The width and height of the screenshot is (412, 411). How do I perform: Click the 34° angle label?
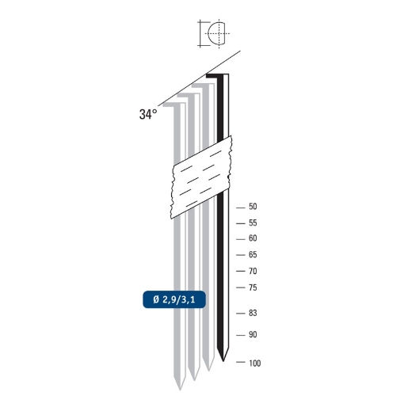tap(148, 114)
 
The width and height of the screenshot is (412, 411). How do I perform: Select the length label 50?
tap(253, 207)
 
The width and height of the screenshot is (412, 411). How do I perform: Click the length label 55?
tap(253, 223)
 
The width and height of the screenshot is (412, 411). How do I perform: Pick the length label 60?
tap(253, 238)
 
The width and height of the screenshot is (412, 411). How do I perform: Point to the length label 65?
tap(253, 255)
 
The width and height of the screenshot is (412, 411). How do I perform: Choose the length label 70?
tap(253, 271)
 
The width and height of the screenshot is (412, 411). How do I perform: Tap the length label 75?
tap(253, 287)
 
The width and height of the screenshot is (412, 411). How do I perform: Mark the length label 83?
tap(253, 313)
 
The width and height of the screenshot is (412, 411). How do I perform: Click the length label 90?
tap(253, 334)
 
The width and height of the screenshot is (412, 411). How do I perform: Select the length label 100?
tap(254, 363)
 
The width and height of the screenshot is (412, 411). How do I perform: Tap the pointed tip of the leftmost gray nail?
tap(181, 387)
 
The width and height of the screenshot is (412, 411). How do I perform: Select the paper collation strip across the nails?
tap(202, 177)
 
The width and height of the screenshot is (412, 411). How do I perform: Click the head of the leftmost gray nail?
tap(173, 102)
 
